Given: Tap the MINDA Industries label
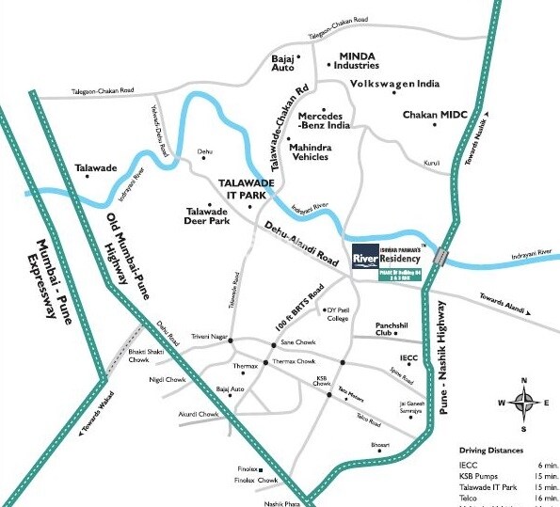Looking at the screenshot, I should (352, 60).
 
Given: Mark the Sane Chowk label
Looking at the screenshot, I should (296, 343).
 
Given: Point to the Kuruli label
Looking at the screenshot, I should (432, 163).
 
